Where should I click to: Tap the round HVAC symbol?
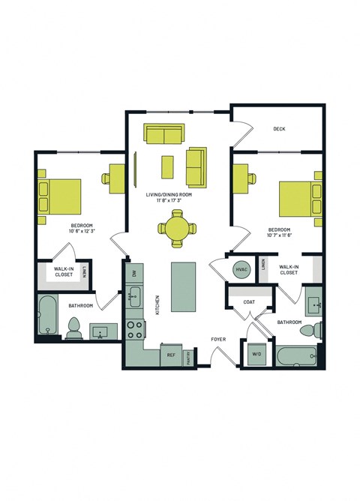[241, 269]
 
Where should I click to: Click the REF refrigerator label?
[171, 355]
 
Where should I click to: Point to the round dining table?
[177, 228]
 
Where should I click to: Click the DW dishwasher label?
[134, 274]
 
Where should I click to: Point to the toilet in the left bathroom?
[74, 327]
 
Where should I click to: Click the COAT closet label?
[249, 302]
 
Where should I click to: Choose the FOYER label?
[218, 338]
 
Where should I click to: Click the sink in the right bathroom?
[313, 305]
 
